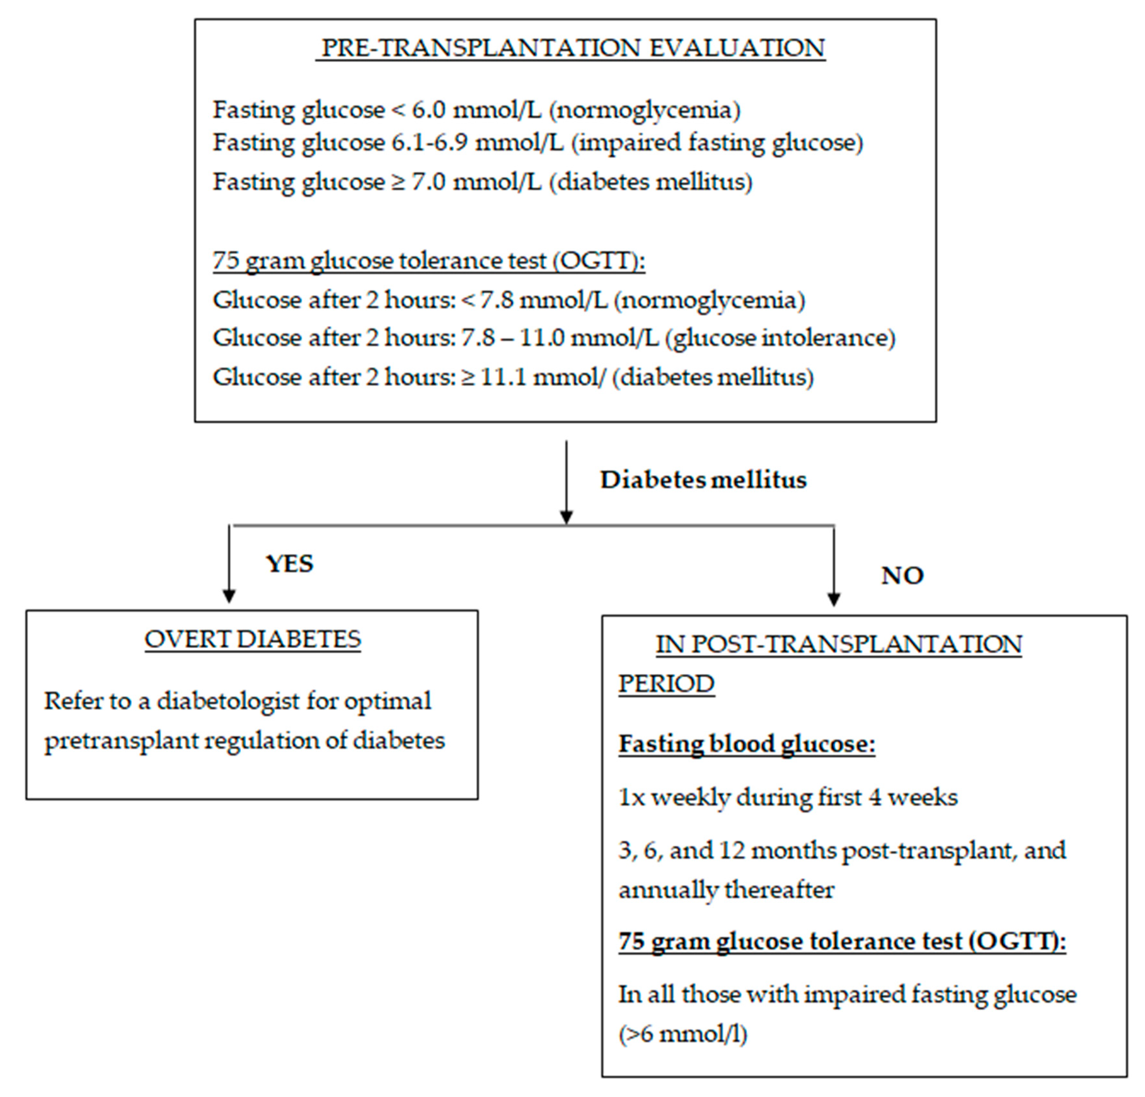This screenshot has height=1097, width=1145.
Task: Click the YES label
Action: [x=290, y=564]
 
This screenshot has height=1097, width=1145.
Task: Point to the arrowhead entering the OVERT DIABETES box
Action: [x=229, y=596]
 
